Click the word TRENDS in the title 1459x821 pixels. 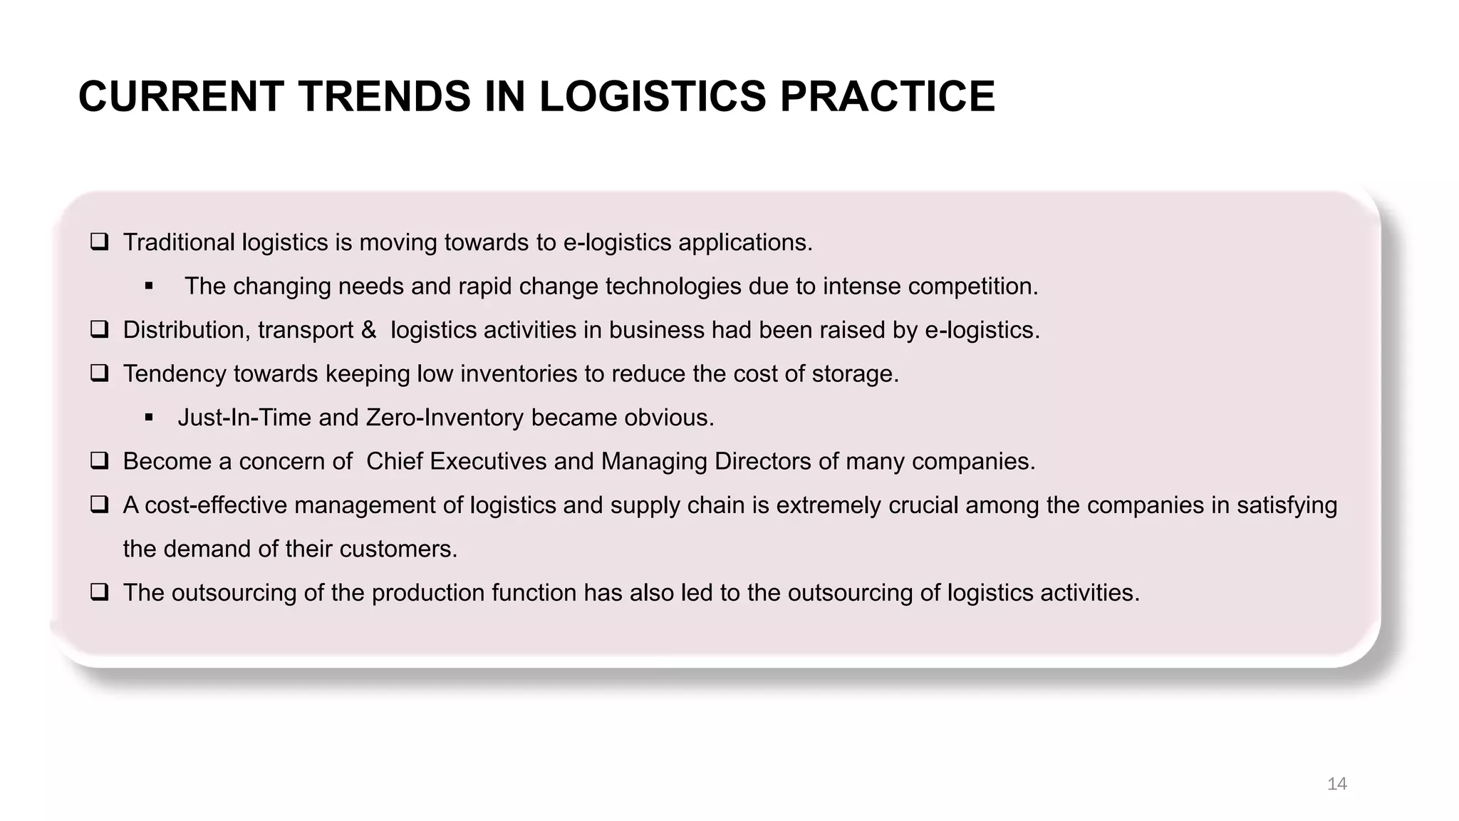click(385, 96)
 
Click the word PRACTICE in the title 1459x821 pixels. click(887, 96)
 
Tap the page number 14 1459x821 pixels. click(1336, 784)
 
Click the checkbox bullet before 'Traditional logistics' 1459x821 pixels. click(99, 242)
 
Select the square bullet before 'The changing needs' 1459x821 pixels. click(149, 286)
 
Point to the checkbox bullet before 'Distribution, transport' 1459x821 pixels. click(99, 330)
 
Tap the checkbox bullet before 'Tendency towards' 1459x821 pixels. click(99, 373)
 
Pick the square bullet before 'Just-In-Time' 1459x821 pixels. click(149, 418)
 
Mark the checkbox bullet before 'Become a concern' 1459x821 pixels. click(99, 461)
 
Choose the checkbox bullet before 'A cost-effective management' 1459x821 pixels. click(99, 505)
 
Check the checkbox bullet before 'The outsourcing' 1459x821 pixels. click(99, 592)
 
